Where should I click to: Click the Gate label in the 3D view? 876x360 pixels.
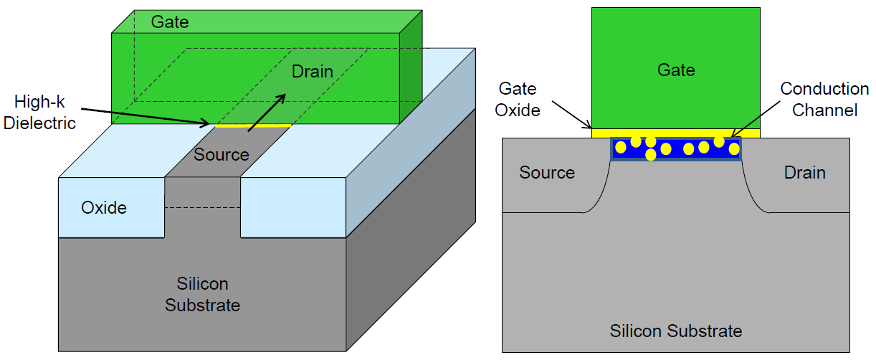[170, 22]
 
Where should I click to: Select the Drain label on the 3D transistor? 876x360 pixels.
[312, 72]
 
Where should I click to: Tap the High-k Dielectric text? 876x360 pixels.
[39, 113]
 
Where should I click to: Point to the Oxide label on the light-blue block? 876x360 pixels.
[104, 208]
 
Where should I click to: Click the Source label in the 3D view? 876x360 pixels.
[222, 155]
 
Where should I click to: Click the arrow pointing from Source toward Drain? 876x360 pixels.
[265, 114]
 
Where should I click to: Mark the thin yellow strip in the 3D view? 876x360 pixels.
[253, 126]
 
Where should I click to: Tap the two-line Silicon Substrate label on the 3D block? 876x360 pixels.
[202, 295]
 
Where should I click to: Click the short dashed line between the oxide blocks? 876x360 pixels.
[203, 209]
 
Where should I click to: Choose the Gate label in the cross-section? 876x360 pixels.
[676, 70]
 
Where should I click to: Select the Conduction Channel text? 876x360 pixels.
[824, 100]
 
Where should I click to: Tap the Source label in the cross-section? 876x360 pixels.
[547, 173]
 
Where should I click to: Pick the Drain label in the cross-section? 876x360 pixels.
[804, 173]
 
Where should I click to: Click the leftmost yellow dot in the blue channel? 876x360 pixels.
[621, 147]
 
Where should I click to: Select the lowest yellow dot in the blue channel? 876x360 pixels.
[651, 154]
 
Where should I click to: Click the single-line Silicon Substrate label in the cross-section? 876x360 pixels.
[676, 331]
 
